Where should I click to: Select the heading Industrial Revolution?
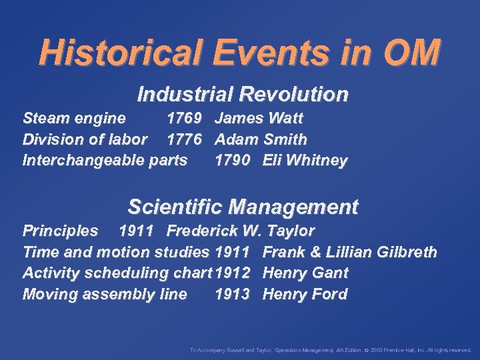(242, 95)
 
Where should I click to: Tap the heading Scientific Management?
(243, 207)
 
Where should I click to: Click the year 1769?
(184, 119)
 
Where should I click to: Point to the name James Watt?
(259, 119)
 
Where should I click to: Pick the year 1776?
(184, 140)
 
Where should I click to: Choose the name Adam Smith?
(261, 140)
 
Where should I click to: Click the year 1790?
(233, 161)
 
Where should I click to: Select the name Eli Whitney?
(305, 161)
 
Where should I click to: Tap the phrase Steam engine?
(74, 119)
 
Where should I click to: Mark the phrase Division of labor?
(85, 140)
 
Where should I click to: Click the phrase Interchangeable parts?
(105, 161)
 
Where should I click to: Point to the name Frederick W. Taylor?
(240, 231)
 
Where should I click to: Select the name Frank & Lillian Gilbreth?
(350, 253)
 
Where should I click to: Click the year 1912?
(233, 273)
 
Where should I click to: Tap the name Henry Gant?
(305, 273)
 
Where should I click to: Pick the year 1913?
(233, 294)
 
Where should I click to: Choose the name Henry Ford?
(305, 294)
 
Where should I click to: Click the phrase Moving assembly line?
(105, 294)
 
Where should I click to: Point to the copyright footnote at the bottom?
(330, 349)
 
